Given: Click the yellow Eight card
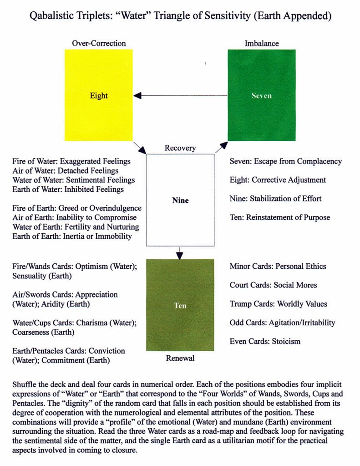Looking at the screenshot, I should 99,95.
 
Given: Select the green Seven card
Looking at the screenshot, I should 261,95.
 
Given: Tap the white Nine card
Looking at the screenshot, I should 180,200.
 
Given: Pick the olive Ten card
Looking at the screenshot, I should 180,305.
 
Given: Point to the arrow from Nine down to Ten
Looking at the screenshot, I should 180,252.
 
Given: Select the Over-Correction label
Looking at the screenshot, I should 99,43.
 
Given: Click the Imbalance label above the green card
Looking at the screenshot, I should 262,43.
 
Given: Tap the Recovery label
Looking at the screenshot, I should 180,148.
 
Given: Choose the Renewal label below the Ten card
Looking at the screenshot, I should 180,358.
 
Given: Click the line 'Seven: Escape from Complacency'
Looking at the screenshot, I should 285,161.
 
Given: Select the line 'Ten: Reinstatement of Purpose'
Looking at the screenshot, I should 280,217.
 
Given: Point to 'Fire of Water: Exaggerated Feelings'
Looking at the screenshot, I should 71,161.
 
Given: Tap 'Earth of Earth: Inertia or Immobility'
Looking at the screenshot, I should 72,236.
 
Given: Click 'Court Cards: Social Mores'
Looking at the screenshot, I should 273,285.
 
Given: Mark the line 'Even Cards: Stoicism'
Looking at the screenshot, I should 265,341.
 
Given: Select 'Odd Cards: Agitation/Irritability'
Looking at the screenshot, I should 282,323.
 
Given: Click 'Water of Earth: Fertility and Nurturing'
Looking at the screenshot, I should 76,226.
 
